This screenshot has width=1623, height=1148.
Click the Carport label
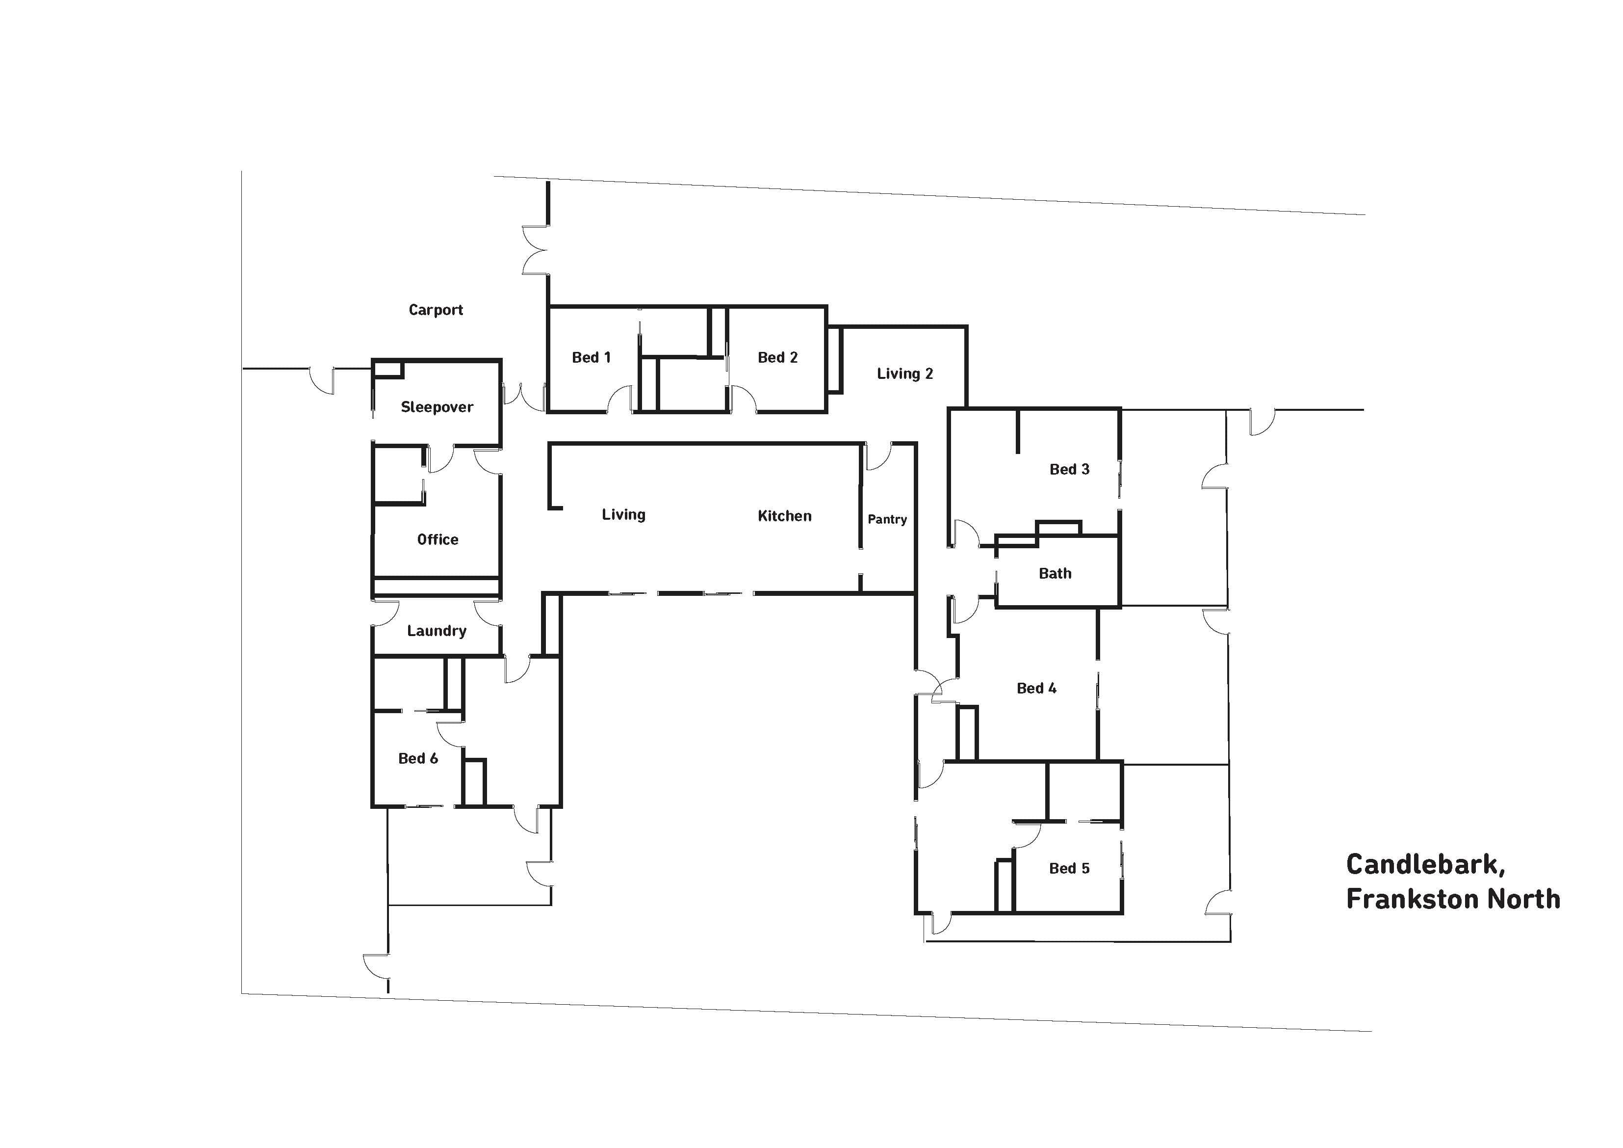(x=436, y=310)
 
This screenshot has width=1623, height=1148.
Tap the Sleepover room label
(x=437, y=407)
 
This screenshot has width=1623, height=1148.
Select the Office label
(x=438, y=540)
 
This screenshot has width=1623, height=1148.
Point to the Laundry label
(x=437, y=631)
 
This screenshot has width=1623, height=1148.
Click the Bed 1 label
(x=591, y=357)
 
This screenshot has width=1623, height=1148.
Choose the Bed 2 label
(x=777, y=357)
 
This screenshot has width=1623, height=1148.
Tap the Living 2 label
(x=905, y=374)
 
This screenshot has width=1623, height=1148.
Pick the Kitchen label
(x=785, y=516)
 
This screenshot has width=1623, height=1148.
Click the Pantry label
(x=887, y=519)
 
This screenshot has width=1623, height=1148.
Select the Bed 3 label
(x=1070, y=469)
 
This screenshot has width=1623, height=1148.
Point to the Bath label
(x=1056, y=574)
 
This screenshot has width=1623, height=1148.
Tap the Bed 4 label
(x=1036, y=688)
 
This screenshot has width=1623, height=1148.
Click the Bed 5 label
(x=1070, y=869)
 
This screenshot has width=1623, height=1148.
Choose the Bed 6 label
(x=418, y=758)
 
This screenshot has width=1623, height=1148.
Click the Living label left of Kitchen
(x=623, y=515)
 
